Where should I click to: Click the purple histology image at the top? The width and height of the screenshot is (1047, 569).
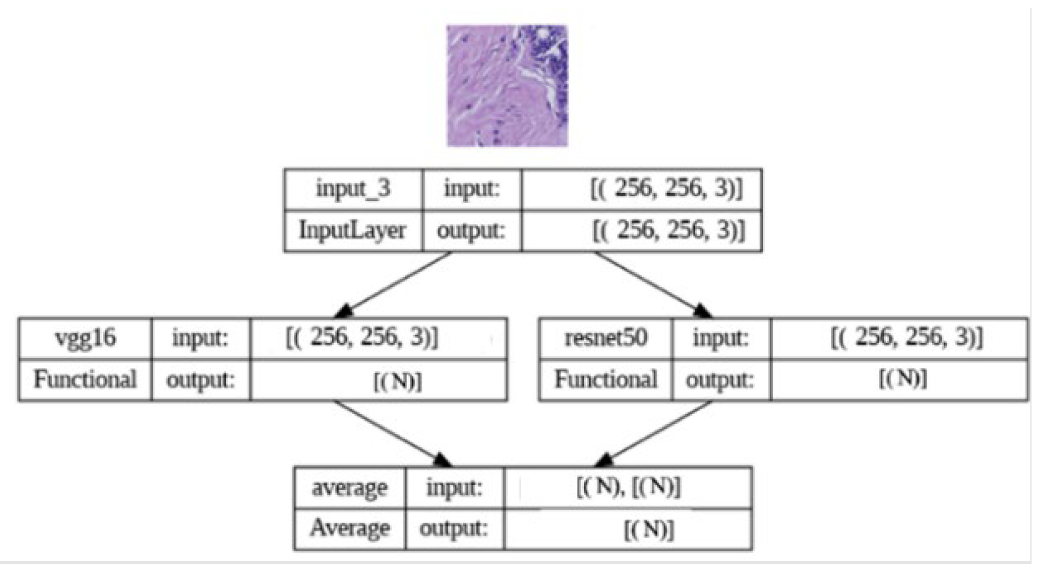pos(507,85)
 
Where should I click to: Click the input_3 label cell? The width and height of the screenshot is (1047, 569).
pos(353,189)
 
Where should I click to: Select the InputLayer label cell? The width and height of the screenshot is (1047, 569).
pos(352,230)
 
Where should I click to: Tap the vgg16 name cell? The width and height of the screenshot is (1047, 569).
pos(85,338)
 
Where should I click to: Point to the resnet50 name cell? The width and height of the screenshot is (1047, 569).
pos(606,338)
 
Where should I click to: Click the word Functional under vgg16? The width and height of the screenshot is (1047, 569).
pos(85,380)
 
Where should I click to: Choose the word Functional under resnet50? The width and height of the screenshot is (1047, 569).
pos(606,380)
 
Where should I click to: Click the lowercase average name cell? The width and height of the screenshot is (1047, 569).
pos(349,488)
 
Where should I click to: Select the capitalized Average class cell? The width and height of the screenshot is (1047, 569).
pos(350,528)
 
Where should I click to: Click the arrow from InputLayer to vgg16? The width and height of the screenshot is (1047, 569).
pos(395,284)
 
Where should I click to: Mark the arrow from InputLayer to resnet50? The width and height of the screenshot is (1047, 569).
pos(651,284)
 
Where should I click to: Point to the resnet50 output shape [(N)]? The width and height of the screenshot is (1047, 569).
pos(903,378)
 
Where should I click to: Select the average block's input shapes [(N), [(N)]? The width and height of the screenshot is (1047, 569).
pos(628,488)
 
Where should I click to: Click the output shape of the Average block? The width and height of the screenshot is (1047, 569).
pos(648,530)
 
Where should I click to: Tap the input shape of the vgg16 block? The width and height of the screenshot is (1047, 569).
pos(362,338)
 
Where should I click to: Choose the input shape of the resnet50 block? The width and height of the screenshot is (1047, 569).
pos(906,338)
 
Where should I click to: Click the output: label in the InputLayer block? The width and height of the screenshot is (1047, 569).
pos(471,231)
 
